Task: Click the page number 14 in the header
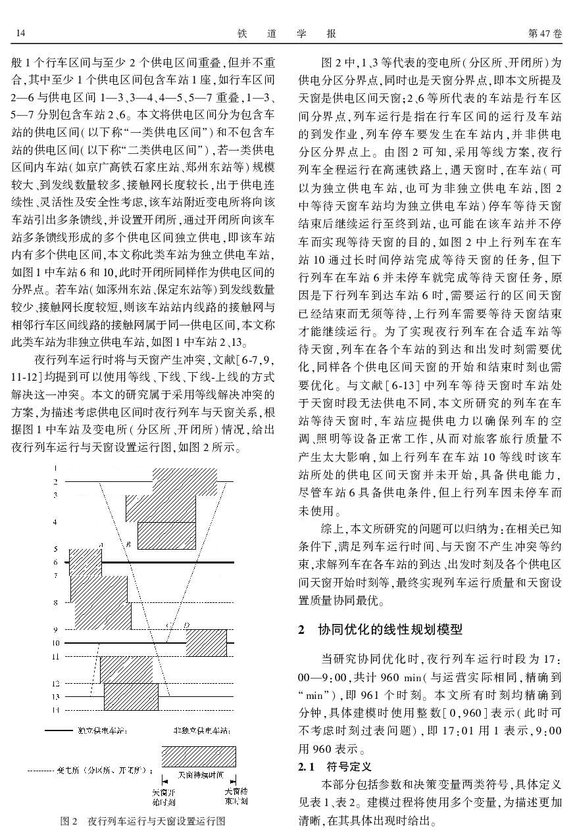click(x=20, y=33)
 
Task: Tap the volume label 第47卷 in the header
click(x=546, y=33)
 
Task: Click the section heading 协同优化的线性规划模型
click(x=390, y=630)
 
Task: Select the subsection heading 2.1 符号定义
click(x=335, y=767)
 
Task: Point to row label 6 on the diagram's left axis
click(x=56, y=562)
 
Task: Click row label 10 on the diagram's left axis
click(x=56, y=642)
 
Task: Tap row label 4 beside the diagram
click(x=56, y=521)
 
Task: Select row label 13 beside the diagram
click(x=56, y=696)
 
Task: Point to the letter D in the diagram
click(x=187, y=625)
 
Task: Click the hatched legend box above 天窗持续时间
click(x=197, y=756)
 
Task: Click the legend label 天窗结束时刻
click(x=236, y=796)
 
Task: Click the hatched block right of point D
click(x=206, y=642)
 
